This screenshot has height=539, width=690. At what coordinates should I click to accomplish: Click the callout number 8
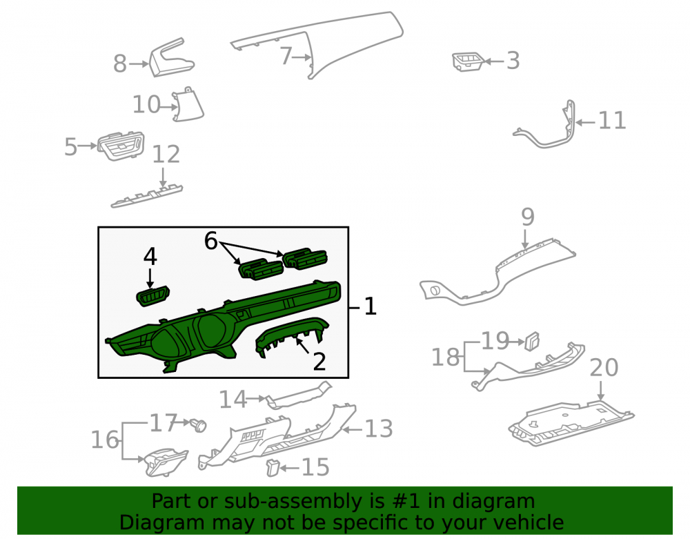click(120, 63)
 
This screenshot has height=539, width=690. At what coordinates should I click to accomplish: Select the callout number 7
click(286, 57)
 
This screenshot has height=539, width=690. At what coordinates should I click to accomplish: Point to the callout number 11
click(612, 121)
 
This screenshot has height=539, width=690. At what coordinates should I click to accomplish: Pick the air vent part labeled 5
click(121, 146)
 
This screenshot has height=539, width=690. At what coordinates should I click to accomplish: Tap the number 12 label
click(166, 155)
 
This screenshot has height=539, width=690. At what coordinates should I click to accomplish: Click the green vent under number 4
click(152, 295)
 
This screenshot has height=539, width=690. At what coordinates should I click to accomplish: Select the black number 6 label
click(210, 241)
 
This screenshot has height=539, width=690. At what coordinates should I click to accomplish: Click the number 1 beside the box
click(371, 306)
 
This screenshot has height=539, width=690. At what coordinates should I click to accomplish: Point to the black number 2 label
click(319, 362)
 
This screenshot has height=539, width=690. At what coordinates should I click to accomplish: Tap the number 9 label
click(528, 217)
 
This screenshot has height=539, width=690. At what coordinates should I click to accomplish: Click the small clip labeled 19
click(531, 341)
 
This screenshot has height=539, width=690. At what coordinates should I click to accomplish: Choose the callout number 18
click(445, 357)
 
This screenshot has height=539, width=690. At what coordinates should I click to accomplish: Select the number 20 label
click(604, 367)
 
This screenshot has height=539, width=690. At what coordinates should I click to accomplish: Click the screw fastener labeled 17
click(199, 425)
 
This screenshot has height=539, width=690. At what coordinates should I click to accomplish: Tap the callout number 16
click(105, 440)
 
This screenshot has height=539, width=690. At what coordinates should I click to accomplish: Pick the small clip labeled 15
click(273, 467)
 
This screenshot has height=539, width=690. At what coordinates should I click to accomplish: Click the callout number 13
click(378, 429)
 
